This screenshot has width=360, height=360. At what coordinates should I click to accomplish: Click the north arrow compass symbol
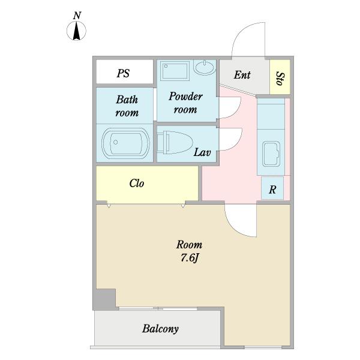76,31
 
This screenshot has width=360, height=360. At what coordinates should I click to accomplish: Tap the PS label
123,73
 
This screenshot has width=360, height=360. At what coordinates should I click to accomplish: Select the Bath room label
127,106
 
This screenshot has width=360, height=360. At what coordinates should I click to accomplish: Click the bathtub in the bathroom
125,143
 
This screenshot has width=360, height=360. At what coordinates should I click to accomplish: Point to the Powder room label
185,103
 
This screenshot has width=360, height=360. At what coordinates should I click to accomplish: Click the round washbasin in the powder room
204,67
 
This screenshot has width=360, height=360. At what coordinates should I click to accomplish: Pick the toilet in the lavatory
175,143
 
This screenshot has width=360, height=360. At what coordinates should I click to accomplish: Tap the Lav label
202,152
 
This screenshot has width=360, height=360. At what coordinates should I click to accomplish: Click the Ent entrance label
242,75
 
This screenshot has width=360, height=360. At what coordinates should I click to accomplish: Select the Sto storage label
280,79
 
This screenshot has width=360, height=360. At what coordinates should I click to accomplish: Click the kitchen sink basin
271,154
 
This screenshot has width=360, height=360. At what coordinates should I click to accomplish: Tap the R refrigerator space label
272,190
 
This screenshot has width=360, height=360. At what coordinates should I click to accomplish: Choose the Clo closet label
137,183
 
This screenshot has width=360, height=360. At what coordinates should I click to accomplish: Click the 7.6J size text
189,258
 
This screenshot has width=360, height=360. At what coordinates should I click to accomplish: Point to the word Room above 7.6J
189,245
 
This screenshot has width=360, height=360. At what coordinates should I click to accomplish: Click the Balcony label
160,329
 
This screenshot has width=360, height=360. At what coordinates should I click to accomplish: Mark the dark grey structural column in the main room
105,299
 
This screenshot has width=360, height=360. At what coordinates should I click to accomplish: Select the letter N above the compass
77,16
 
